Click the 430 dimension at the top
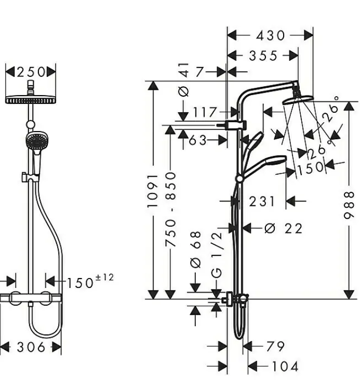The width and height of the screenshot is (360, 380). [271, 35]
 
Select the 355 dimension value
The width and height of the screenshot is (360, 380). [263, 56]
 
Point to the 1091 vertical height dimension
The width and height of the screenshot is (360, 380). [152, 191]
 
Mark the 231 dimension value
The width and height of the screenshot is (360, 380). [261, 201]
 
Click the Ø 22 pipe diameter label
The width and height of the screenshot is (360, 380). [283, 228]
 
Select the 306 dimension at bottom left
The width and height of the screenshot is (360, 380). [31, 347]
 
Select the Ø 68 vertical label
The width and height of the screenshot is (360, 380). [196, 249]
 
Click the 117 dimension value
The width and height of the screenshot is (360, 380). [205, 112]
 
